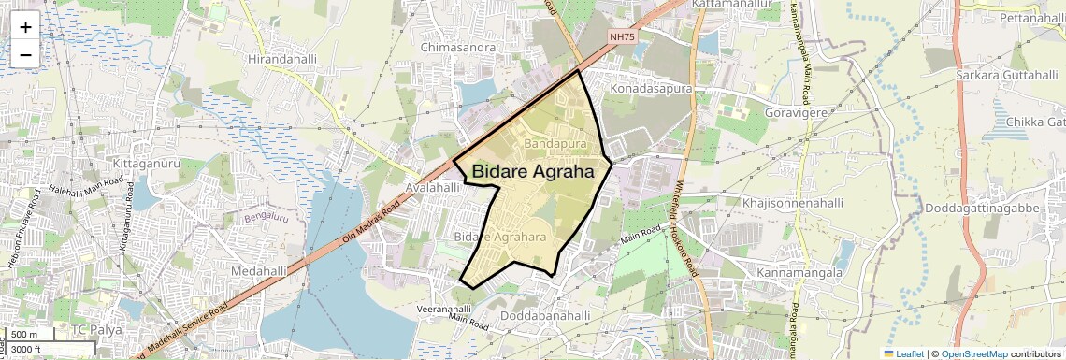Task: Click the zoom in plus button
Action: coord(25,26)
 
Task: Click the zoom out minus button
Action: coord(25,54)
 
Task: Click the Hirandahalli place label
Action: coord(284,58)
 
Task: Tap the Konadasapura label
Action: coord(651,88)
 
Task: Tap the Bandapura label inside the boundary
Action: coord(555,144)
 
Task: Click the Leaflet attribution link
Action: coord(903,354)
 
